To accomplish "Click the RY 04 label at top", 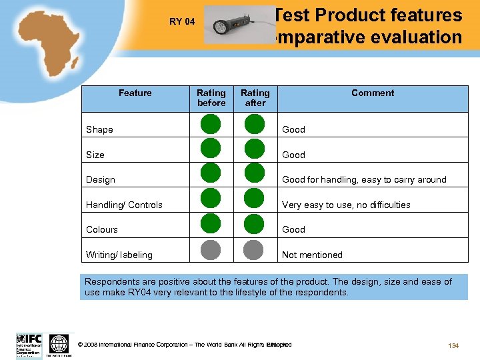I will (x=182, y=21).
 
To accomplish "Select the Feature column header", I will (x=135, y=93).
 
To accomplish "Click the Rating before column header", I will (x=211, y=98).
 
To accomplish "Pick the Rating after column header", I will (x=255, y=98).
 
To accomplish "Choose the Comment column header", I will (x=373, y=93).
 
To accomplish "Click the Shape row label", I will (x=100, y=129).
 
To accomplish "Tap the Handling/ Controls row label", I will (x=125, y=205).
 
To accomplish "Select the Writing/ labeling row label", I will (x=119, y=255).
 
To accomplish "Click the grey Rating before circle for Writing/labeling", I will (x=211, y=249).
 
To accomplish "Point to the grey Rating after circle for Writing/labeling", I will (x=254, y=249).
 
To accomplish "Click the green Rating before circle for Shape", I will (x=211, y=125).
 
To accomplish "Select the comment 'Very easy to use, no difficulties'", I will (x=346, y=205).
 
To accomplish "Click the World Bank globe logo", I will (x=59, y=344).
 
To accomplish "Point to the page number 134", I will (x=453, y=345).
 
